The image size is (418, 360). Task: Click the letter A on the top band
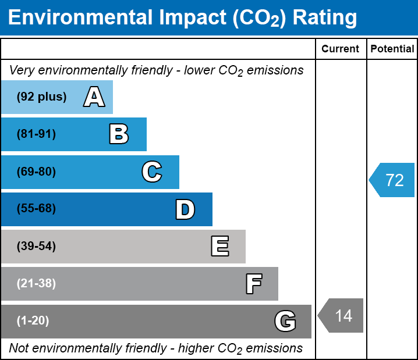tap(94, 97)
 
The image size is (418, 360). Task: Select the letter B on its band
tap(119, 134)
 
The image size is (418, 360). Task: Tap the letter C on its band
tap(152, 172)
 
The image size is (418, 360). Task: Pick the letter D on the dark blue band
tap(185, 209)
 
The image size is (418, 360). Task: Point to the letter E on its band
tap(219, 247)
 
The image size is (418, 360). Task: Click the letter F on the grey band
tap(253, 284)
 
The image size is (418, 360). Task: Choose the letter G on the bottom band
tap(285, 321)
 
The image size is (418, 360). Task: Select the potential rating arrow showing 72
tap(392, 180)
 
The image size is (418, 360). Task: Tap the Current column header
tap(341, 49)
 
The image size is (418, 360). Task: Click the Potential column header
tap(392, 49)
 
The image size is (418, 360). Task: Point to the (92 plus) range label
tap(41, 97)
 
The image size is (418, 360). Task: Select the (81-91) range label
tap(36, 134)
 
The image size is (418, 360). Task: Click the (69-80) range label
tap(36, 172)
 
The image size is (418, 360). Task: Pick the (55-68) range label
tap(36, 209)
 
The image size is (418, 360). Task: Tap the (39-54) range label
tap(36, 247)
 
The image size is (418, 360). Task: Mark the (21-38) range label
tap(36, 284)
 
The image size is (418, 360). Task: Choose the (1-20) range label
tap(33, 321)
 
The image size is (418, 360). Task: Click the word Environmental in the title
tap(78, 18)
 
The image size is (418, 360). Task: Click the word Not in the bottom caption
tap(19, 348)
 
